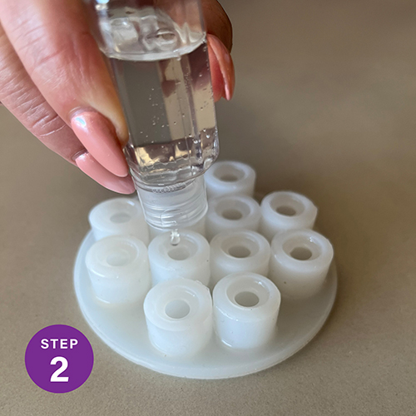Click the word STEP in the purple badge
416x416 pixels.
click(x=59, y=344)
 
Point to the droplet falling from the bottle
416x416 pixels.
click(x=175, y=237)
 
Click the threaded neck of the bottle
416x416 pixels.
click(x=172, y=206)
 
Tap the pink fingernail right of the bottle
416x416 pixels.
click(x=221, y=67)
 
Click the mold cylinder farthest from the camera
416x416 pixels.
click(x=230, y=179)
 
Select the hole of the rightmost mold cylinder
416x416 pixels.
click(x=302, y=253)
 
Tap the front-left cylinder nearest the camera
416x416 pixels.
click(x=178, y=314)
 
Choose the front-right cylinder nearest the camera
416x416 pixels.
click(x=246, y=308)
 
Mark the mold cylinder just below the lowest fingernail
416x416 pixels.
click(x=118, y=219)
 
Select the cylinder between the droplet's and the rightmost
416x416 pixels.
click(x=240, y=256)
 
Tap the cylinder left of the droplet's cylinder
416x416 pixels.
click(x=118, y=268)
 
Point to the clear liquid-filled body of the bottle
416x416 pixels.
click(x=164, y=106)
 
